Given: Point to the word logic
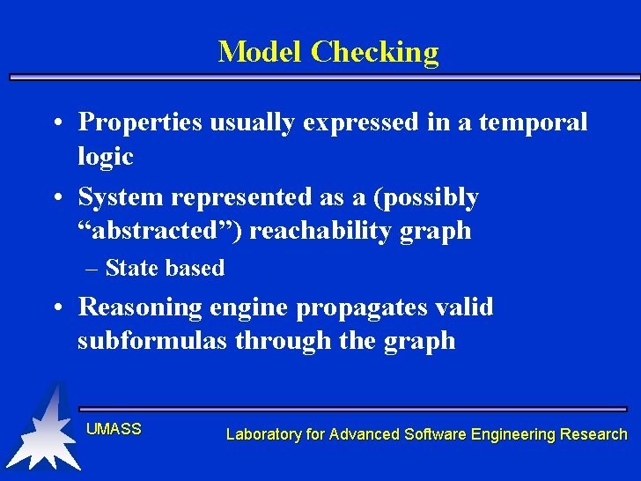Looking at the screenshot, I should [105, 156].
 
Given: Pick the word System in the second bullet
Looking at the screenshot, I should [121, 197].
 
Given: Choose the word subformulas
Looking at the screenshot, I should [152, 340].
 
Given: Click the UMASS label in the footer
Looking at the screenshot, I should [114, 429].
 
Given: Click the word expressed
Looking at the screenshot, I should [361, 123].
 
